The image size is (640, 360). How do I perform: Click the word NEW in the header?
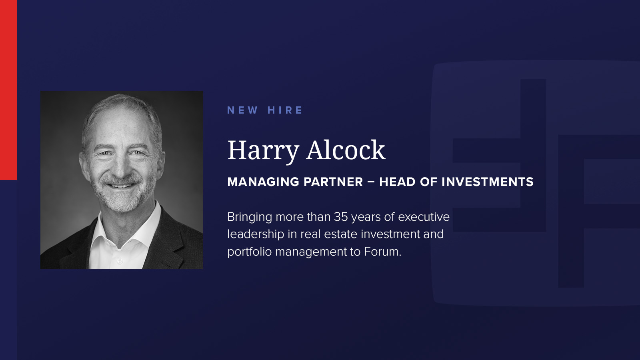242,110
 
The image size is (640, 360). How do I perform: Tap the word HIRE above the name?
284,110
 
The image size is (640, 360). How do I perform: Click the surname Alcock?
346,150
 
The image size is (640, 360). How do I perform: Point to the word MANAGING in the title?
263,182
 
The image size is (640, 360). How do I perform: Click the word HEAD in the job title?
397,182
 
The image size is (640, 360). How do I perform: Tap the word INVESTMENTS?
488,182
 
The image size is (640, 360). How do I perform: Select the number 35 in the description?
341,217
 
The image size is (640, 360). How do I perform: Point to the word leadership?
256,235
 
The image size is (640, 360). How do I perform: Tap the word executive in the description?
424,217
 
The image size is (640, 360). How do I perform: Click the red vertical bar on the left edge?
8,90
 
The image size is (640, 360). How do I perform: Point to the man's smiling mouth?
122,186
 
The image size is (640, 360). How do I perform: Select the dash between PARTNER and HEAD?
371,182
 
